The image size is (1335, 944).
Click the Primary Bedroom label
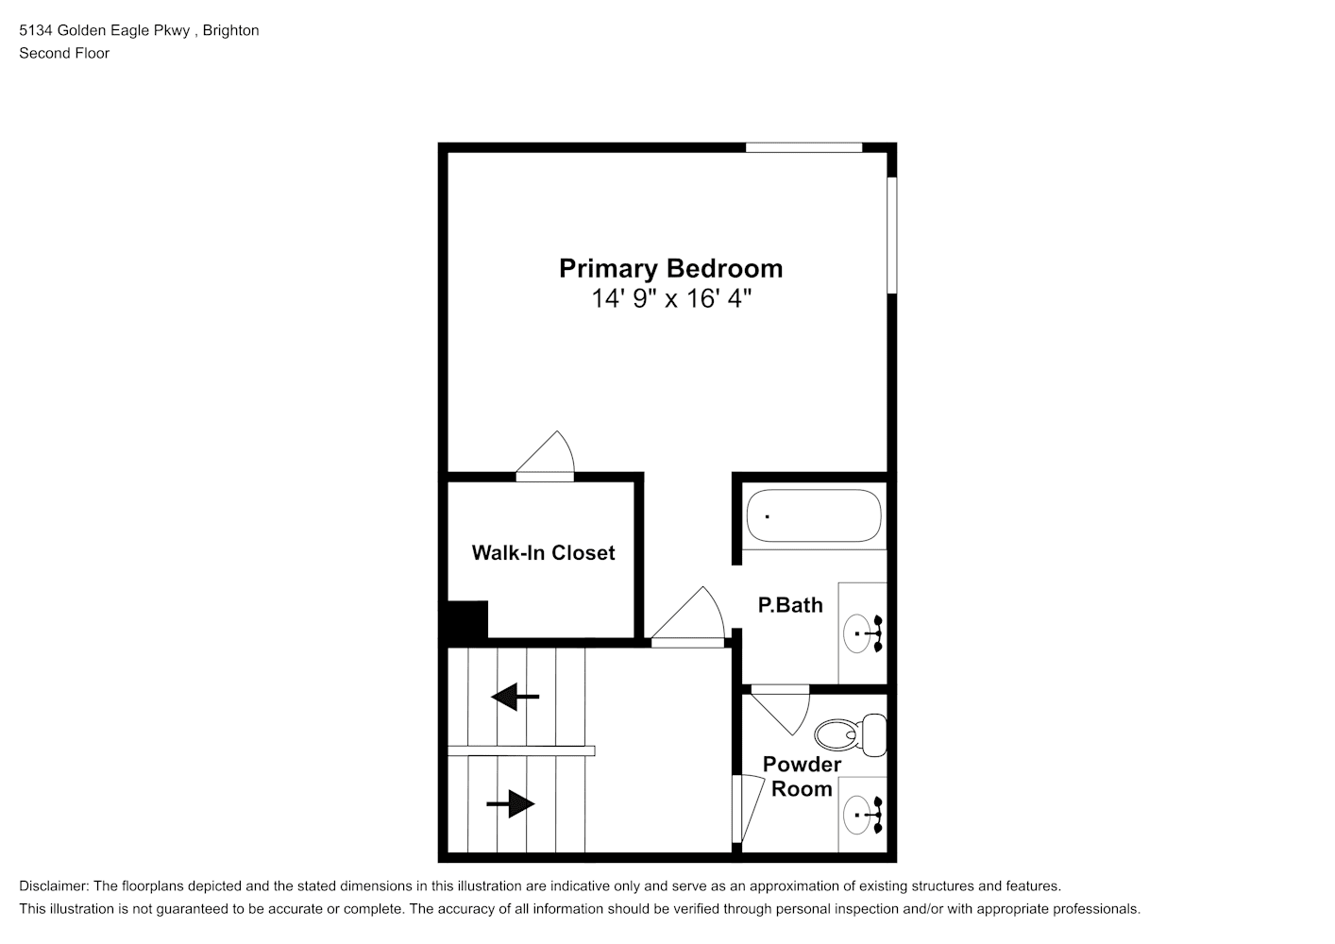tap(670, 269)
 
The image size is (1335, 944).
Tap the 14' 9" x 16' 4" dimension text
tap(671, 298)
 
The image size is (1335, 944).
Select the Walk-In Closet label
tap(543, 552)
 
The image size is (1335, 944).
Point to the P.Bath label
tap(790, 605)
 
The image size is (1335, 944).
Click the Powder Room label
tap(802, 776)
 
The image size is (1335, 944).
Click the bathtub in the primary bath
tap(814, 515)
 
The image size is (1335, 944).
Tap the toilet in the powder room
tap(851, 734)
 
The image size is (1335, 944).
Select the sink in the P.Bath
tap(863, 633)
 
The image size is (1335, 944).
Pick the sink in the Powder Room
tap(863, 815)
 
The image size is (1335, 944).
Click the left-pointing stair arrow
tap(515, 696)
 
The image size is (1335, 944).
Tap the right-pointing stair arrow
tap(510, 804)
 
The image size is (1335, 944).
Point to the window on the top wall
tap(804, 147)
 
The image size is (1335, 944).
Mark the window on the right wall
tap(891, 235)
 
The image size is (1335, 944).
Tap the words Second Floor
tap(64, 53)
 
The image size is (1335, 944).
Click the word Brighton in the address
tap(230, 30)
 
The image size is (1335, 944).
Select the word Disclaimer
tap(54, 886)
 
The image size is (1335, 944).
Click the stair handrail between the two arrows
tap(521, 750)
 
